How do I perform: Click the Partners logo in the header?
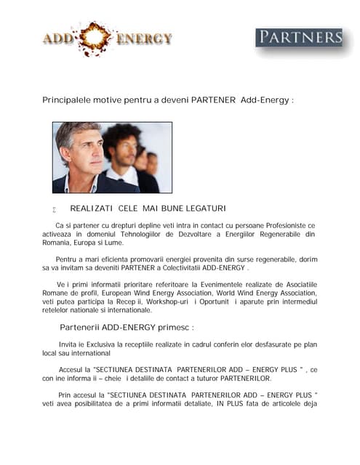point(299,37)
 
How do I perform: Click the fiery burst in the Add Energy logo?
point(94,38)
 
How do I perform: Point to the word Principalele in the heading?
point(68,100)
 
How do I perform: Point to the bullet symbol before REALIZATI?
point(54,209)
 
